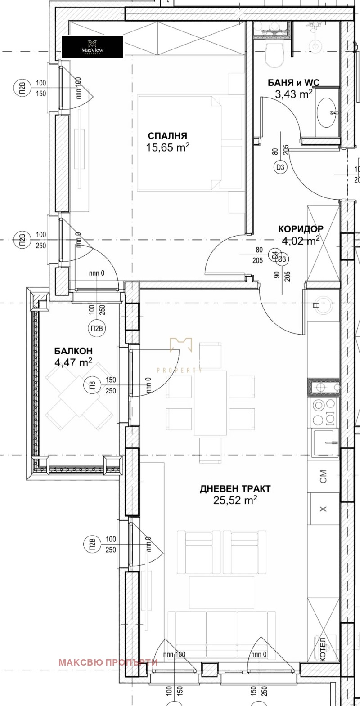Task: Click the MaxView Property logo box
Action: coord(92,47)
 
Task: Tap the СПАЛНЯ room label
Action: coord(167,136)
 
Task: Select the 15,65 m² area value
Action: coord(167,147)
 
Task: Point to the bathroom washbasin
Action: coord(326,113)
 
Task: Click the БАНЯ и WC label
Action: coord(293,83)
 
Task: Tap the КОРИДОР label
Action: coord(301,229)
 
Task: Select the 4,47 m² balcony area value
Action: coord(73,362)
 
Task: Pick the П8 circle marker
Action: coord(92,385)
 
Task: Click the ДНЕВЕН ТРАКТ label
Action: coord(235,488)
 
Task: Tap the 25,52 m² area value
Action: coord(235,500)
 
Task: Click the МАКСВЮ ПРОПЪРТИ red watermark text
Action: coord(108,662)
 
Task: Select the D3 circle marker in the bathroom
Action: coord(280,168)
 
